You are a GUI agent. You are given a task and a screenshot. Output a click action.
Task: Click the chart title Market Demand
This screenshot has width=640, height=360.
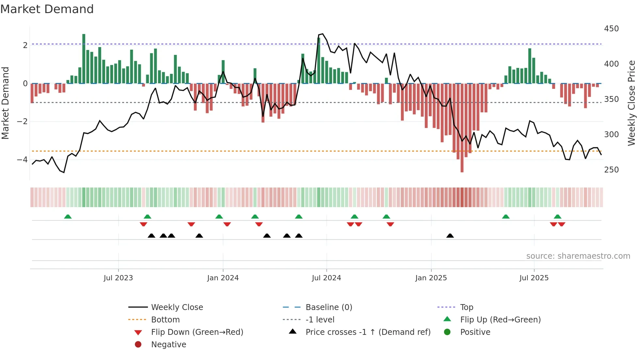point(47,9)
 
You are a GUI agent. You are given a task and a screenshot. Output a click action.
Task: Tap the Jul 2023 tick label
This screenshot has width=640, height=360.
point(118,278)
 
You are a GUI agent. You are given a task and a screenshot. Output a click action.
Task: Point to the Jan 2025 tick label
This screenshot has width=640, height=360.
point(431,278)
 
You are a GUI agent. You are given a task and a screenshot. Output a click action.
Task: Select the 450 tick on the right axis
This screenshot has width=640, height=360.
point(611,29)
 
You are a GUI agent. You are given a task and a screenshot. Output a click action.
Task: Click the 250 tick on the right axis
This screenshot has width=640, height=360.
point(611,170)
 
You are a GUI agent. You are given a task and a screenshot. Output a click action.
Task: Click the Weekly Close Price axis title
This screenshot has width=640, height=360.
point(632,103)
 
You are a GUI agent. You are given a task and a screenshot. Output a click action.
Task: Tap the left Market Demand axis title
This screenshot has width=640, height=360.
point(5,103)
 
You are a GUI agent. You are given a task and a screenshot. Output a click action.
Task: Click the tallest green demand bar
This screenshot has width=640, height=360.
point(84,59)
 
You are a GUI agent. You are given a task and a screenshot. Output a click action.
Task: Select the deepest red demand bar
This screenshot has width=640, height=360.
point(462,127)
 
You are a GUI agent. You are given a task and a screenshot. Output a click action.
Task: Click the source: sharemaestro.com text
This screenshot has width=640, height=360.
point(578,256)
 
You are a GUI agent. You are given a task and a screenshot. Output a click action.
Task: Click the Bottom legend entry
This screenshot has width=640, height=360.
point(165,320)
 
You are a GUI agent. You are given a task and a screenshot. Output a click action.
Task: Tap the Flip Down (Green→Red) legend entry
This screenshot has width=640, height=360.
point(197,332)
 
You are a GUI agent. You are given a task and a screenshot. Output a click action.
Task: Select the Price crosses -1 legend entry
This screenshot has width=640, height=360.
point(368,332)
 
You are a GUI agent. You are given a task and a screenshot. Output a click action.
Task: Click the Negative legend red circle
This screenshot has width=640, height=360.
point(138,345)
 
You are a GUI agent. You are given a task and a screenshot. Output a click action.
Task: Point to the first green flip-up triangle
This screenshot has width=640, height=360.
point(68,217)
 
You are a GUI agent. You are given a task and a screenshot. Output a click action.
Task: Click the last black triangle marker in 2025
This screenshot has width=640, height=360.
point(450,236)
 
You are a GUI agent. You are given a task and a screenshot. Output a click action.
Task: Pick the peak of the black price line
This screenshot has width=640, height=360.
point(323,34)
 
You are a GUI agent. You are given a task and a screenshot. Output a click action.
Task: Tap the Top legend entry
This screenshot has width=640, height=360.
point(466,307)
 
